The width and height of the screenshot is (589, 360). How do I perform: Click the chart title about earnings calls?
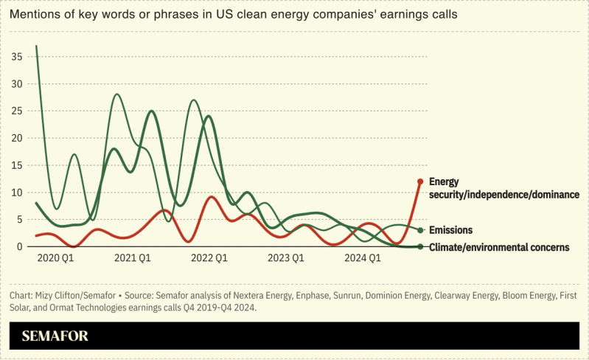(x=254, y=15)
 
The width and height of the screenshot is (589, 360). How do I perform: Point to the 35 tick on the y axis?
(x=17, y=57)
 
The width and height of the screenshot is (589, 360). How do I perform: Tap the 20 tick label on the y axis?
(x=17, y=138)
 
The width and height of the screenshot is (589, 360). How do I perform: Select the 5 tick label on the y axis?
(x=20, y=219)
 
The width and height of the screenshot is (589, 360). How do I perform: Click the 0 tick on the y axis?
(x=20, y=246)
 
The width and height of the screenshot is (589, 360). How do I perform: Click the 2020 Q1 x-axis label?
(x=55, y=258)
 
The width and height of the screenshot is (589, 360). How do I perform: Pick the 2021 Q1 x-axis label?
(x=133, y=258)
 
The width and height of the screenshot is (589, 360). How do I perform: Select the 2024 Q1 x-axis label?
(x=363, y=258)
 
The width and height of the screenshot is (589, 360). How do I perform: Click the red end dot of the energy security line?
(x=420, y=181)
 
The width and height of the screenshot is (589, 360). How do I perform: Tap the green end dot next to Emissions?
(x=420, y=230)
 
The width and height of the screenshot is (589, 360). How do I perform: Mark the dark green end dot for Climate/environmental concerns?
(x=420, y=247)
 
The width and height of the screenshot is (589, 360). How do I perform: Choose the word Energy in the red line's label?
(x=444, y=181)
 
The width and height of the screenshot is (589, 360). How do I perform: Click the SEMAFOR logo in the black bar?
(x=55, y=336)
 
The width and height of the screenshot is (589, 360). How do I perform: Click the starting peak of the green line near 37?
(x=36, y=46)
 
